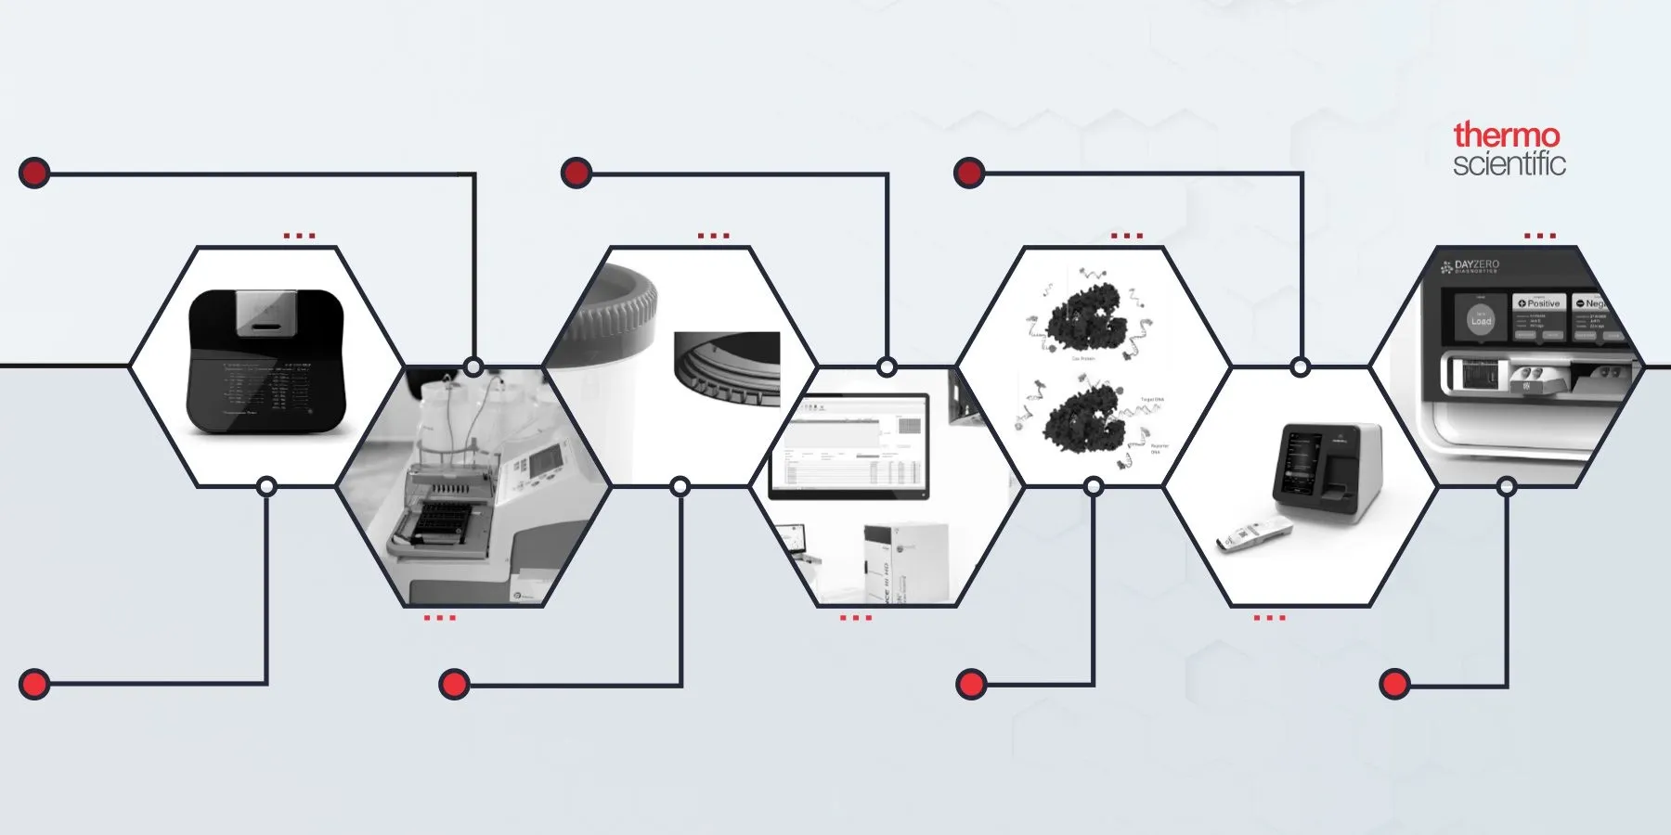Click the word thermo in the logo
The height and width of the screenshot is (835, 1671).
(x=1506, y=135)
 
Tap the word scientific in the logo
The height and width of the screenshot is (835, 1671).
(x=1509, y=164)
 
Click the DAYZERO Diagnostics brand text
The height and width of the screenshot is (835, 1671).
(x=1475, y=266)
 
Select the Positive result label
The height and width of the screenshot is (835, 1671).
(x=1539, y=303)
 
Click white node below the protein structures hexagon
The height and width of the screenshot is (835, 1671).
(x=1094, y=486)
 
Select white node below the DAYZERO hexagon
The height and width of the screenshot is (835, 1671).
(x=1507, y=486)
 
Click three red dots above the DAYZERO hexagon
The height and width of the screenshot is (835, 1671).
(x=1539, y=236)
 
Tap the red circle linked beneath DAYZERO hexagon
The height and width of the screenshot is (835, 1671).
(x=1394, y=685)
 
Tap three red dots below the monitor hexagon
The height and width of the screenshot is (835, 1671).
(x=855, y=617)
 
